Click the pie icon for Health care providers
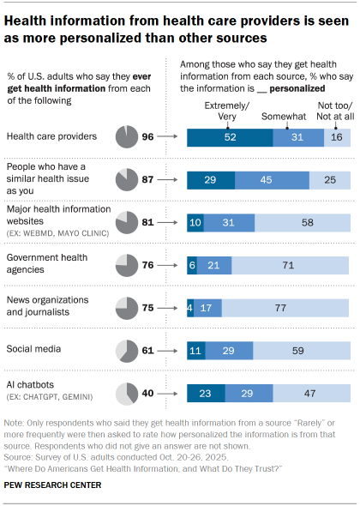click(126, 136)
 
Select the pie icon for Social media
click(126, 350)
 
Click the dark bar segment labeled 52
click(230, 136)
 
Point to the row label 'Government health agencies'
click(48, 264)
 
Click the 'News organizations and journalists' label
click(48, 306)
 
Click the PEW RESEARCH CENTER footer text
click(52, 485)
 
